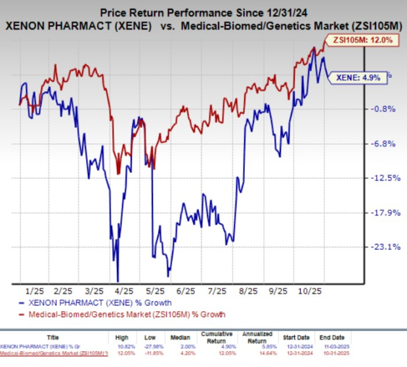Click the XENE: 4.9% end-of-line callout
click(x=358, y=77)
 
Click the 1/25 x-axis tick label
click(x=31, y=290)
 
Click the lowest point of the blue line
click(x=118, y=280)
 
